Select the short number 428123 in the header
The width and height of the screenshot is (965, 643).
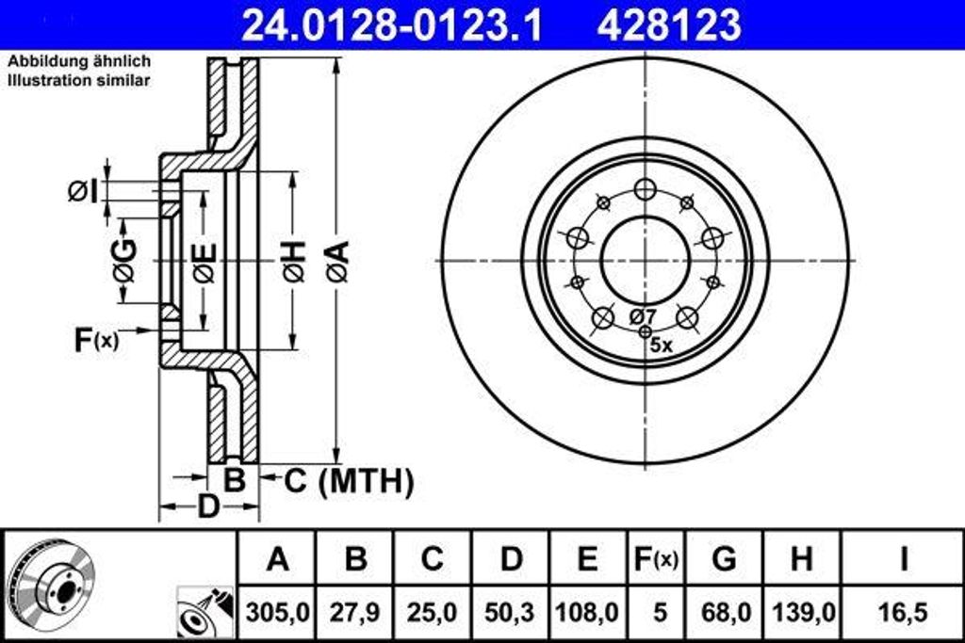669,25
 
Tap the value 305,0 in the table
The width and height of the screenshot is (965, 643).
277,612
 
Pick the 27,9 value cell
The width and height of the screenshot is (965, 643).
354,612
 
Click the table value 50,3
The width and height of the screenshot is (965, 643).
510,612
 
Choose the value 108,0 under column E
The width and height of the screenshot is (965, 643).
586,612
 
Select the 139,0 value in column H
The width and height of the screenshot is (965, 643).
801,612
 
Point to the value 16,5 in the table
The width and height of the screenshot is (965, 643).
902,612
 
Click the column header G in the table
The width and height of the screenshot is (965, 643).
724,559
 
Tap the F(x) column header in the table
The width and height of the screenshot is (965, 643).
654,559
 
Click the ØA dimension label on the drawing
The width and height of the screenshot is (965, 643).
337,261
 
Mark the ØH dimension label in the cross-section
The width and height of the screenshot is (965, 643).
293,261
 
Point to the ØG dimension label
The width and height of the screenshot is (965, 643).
123,261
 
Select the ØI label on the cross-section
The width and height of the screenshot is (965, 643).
82,191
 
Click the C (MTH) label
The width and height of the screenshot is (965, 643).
349,482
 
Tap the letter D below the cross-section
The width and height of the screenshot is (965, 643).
207,506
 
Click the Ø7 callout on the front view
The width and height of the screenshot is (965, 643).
643,315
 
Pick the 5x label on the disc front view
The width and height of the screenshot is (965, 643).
662,345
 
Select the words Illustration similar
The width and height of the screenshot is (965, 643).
79,81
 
